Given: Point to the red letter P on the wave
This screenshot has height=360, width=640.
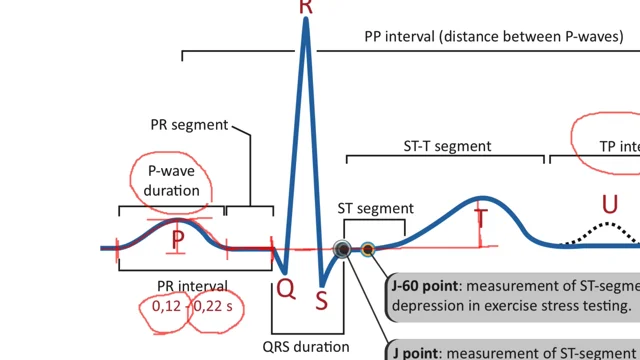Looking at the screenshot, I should [x=177, y=240].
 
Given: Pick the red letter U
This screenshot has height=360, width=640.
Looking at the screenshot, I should [x=608, y=205].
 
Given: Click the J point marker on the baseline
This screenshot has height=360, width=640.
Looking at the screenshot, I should [x=342, y=249].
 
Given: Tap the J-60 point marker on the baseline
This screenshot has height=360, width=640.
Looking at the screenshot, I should [x=368, y=249].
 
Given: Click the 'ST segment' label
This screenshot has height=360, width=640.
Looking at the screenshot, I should [x=375, y=208].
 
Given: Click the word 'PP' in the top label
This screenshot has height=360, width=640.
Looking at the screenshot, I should [x=376, y=37].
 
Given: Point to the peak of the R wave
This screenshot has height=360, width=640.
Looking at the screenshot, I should [x=305, y=22].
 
